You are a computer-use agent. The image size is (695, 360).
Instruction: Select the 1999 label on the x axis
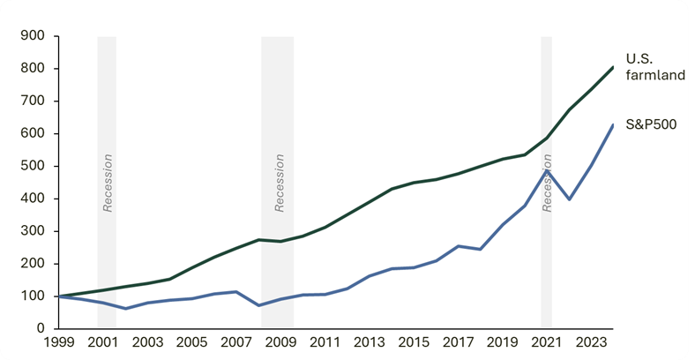(58, 342)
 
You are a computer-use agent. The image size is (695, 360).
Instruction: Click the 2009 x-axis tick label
(280, 342)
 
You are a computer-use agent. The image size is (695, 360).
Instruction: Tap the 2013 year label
(369, 342)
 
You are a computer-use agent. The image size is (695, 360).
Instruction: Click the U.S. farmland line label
(655, 67)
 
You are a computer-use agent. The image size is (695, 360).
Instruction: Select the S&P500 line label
(652, 124)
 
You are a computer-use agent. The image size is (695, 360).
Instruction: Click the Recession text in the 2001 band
(108, 184)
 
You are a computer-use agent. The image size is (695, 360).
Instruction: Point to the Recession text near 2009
(280, 184)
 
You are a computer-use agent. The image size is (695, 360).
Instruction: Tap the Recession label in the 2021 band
(547, 184)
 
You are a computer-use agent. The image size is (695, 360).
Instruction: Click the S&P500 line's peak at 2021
(547, 170)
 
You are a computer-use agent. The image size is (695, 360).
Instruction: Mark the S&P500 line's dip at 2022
(569, 199)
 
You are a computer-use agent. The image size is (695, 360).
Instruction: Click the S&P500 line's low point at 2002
(125, 309)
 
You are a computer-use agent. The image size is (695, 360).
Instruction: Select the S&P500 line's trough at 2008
(258, 305)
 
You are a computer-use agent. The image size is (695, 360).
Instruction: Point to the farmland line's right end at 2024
(613, 67)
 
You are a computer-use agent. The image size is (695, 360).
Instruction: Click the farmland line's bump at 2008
(258, 239)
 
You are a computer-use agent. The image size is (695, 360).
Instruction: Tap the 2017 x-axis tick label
(457, 342)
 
